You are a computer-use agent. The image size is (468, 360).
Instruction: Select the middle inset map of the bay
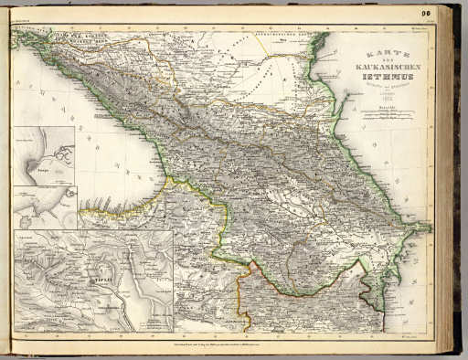point(44,206)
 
